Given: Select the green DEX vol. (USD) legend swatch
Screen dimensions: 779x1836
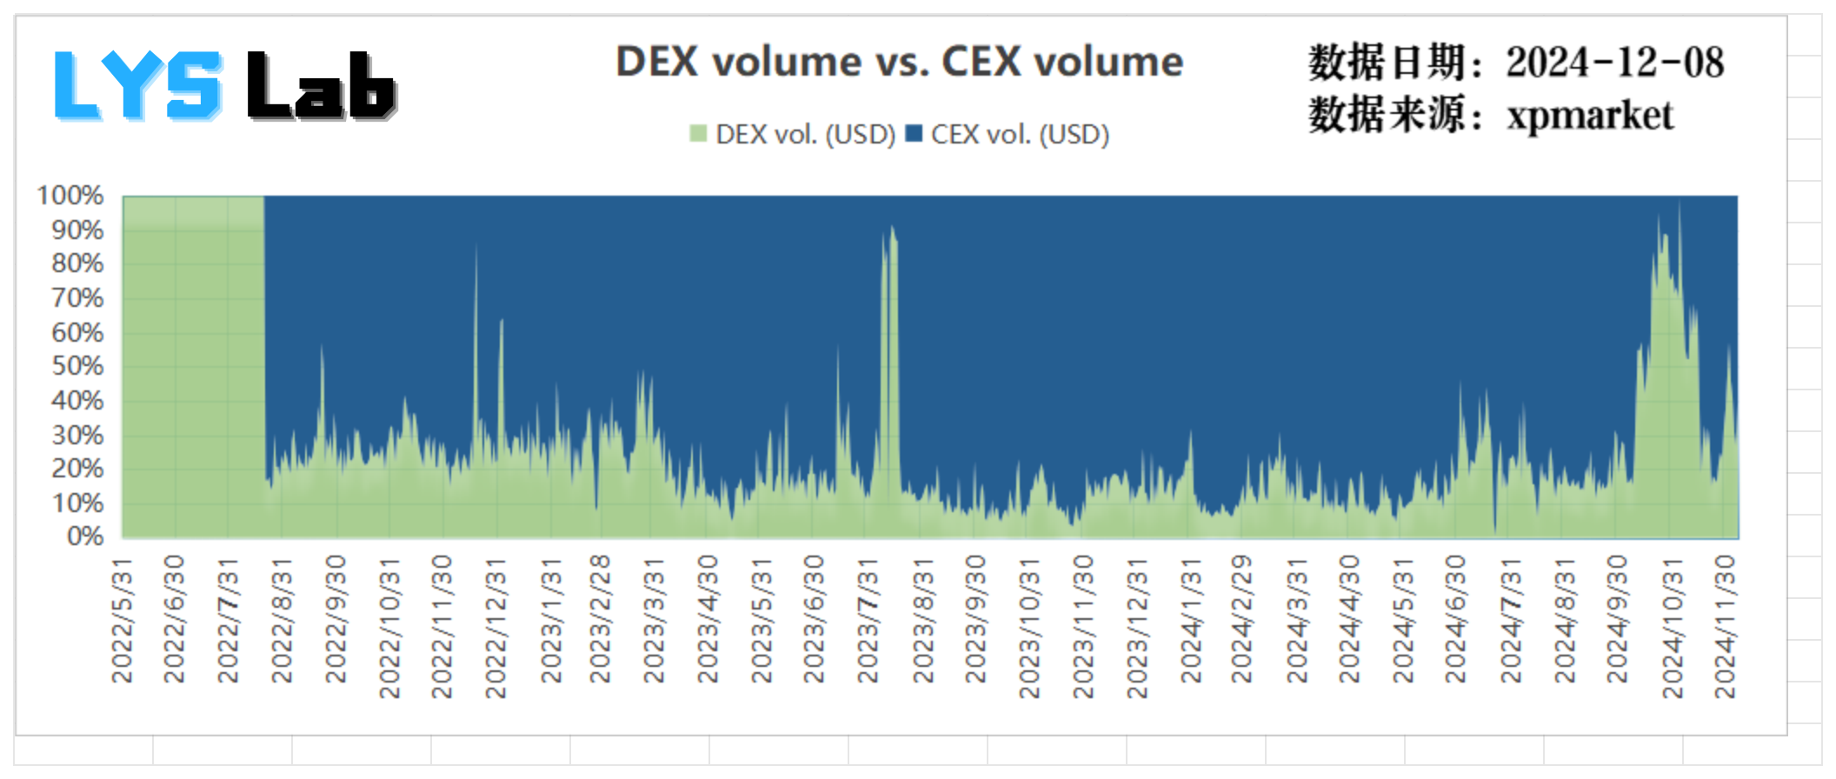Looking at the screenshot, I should tap(697, 134).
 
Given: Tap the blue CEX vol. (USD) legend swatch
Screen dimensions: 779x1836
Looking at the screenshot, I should tap(914, 134).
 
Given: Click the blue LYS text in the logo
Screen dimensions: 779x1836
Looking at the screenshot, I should tap(137, 85).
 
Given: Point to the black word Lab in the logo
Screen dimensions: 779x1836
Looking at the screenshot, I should tap(321, 85).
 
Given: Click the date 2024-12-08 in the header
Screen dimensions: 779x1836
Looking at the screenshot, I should tap(1614, 63).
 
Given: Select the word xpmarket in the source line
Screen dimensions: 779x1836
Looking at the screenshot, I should tap(1590, 116).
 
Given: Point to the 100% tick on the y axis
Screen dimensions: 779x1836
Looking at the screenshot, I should tap(70, 196).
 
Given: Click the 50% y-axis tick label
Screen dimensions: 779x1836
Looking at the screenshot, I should tap(77, 366).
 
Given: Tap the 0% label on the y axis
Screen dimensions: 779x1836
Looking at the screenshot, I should tap(85, 536).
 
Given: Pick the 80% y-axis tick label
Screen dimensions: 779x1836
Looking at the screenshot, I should tap(77, 263).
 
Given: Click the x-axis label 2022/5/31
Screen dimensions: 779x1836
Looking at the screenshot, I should tap(123, 620).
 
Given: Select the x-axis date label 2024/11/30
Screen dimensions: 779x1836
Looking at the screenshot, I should tap(1725, 627).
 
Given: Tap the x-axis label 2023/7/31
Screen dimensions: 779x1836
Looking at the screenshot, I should tap(868, 620).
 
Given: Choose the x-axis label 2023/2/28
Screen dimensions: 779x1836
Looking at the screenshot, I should tap(600, 620).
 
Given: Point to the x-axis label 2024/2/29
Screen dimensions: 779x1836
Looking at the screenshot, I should tap(1241, 620).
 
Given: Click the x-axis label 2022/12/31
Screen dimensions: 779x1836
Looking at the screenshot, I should tap(496, 627).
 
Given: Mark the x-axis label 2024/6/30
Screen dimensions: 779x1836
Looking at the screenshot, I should tap(1455, 620).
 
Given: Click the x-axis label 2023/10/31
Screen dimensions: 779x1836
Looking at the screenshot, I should tap(1029, 627).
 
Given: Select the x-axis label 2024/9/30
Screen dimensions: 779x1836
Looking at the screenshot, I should tap(1617, 620).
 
